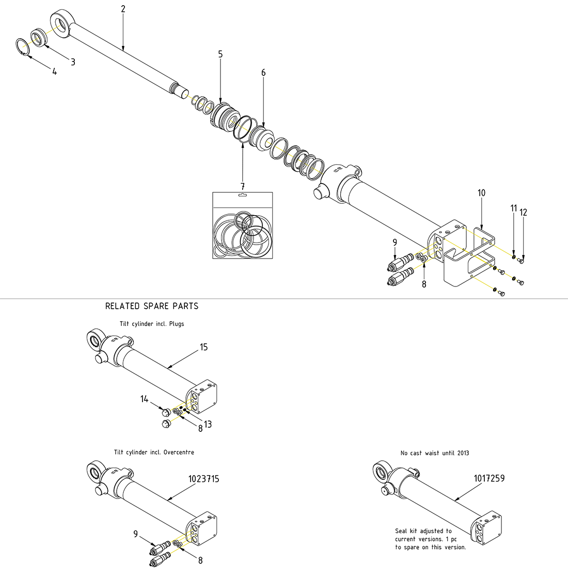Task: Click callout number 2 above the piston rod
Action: tap(123, 9)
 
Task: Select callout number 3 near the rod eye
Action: tap(73, 62)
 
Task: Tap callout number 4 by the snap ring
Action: tap(54, 72)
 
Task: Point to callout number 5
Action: tap(220, 54)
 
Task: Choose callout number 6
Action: tap(263, 73)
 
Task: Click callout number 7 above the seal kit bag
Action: tap(243, 186)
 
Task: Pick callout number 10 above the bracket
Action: tap(481, 193)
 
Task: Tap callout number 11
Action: tap(513, 208)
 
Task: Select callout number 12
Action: tap(524, 213)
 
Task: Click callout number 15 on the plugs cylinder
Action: tap(204, 347)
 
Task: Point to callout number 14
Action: tap(144, 399)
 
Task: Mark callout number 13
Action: tap(208, 425)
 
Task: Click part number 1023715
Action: tap(203, 479)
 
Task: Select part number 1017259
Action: tap(489, 478)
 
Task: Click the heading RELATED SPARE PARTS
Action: tap(152, 306)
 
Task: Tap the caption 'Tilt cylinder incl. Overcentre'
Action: tap(154, 452)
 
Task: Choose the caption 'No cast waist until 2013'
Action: tap(435, 453)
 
